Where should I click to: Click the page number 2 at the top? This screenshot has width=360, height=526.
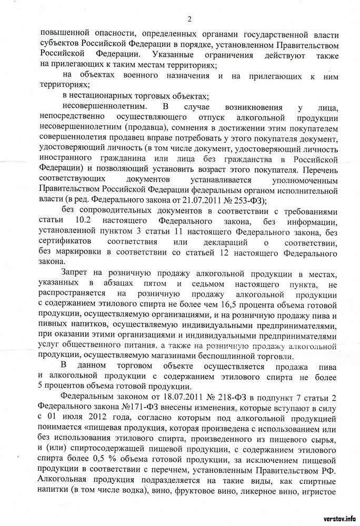coord(189,18)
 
